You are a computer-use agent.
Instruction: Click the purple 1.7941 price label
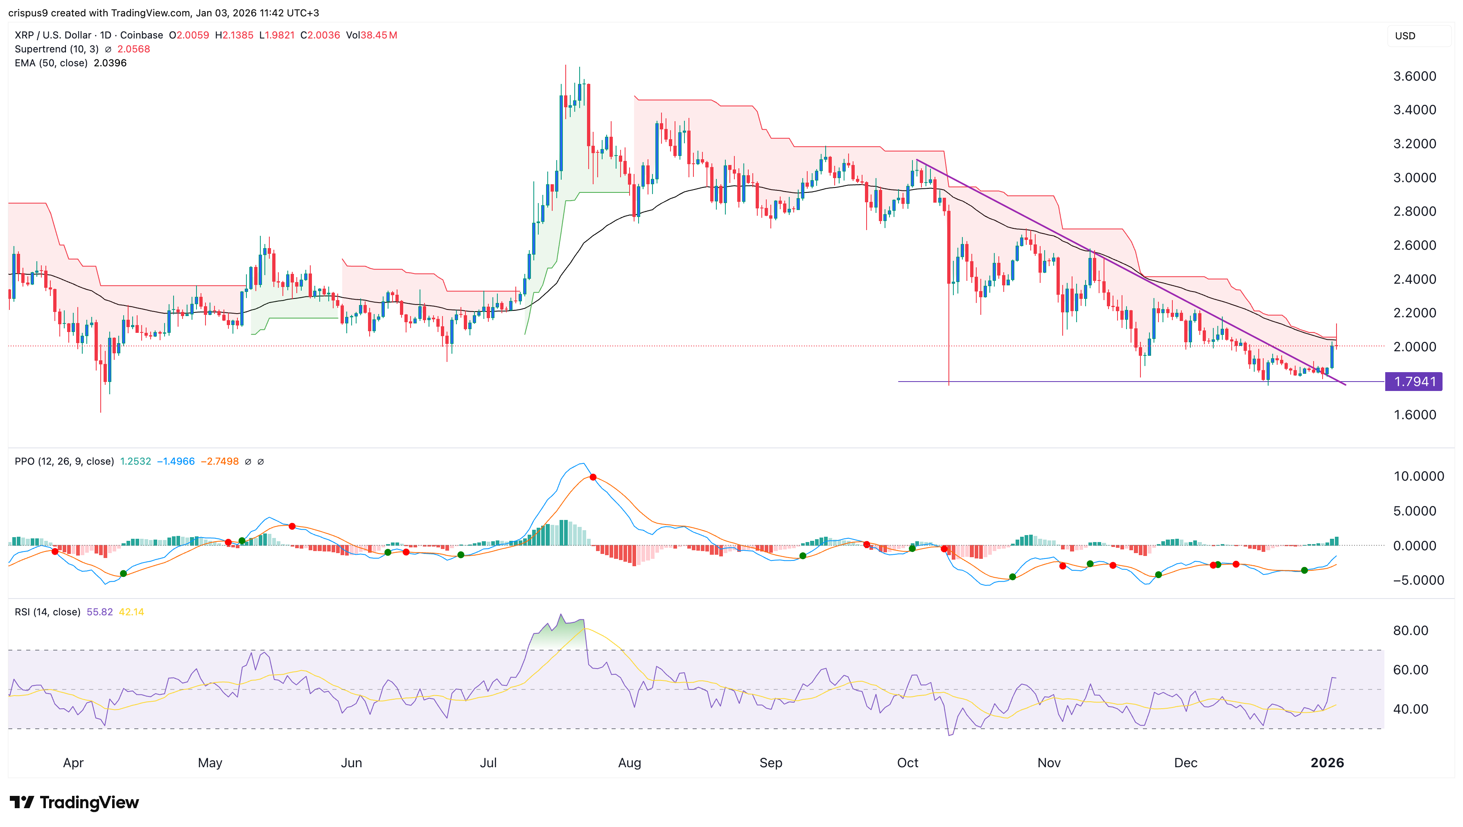(x=1413, y=382)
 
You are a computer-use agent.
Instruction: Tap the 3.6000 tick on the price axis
(x=1414, y=76)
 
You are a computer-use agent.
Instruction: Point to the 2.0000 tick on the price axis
(x=1414, y=346)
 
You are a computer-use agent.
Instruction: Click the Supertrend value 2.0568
(x=133, y=49)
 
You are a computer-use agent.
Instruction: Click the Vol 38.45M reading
(x=371, y=35)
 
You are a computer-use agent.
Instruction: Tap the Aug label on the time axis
(x=629, y=763)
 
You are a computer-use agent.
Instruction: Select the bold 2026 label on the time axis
(x=1327, y=763)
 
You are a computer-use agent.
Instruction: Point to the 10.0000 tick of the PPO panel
(x=1418, y=476)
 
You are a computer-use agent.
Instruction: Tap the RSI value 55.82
(x=99, y=612)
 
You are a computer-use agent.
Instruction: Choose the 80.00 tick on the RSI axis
(x=1410, y=630)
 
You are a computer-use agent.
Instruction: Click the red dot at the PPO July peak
(x=593, y=477)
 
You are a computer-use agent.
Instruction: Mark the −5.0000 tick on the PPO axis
(x=1418, y=580)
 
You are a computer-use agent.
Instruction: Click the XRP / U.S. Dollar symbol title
(x=53, y=35)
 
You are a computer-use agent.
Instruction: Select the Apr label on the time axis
(x=73, y=763)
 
